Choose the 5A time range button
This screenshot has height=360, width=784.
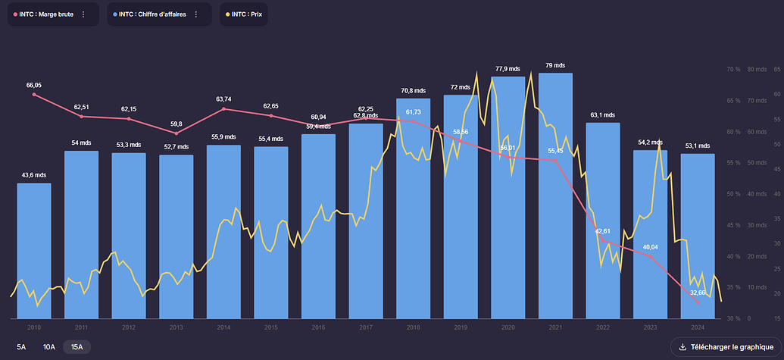click(x=21, y=347)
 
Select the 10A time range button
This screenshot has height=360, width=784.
click(x=49, y=347)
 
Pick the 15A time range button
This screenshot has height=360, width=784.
click(x=77, y=347)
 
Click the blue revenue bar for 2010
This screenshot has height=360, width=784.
click(x=34, y=250)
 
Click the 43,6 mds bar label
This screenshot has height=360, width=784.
click(x=34, y=175)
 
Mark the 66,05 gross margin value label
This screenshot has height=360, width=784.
click(x=34, y=86)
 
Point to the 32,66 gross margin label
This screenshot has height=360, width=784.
click(x=697, y=293)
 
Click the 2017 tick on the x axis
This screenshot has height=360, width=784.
click(x=366, y=327)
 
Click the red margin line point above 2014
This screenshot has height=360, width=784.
click(x=223, y=109)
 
